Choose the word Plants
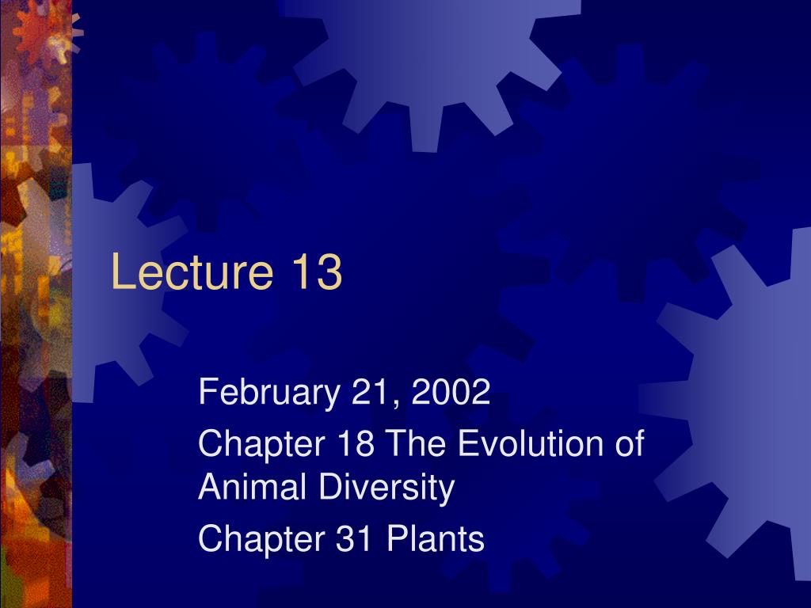[435, 539]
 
